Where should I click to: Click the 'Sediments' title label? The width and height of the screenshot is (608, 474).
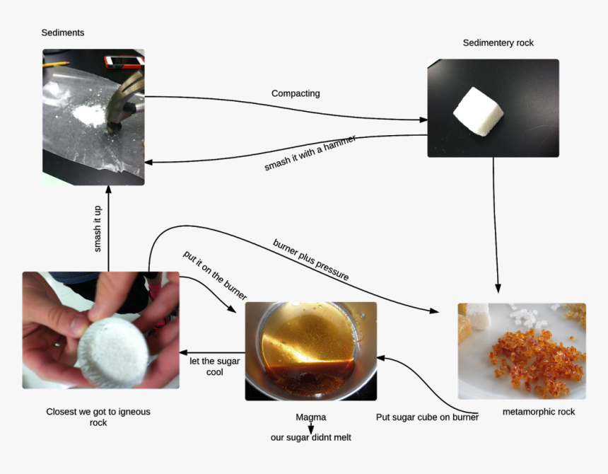(63, 33)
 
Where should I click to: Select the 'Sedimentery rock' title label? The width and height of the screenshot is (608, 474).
(498, 43)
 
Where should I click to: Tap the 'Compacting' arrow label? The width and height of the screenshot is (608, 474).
(296, 93)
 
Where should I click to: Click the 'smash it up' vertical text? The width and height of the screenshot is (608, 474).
(98, 229)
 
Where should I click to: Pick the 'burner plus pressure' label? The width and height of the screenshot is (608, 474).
(311, 260)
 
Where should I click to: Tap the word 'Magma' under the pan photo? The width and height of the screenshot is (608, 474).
(310, 417)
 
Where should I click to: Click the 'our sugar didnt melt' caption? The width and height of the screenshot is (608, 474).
(310, 437)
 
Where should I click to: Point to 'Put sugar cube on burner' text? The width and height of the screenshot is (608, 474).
(427, 417)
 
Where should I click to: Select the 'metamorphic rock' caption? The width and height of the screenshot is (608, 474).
(538, 412)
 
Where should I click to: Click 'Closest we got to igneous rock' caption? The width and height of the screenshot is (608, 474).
(98, 417)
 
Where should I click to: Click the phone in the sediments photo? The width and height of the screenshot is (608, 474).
(115, 61)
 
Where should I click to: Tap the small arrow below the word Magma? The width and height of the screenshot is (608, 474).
(310, 427)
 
